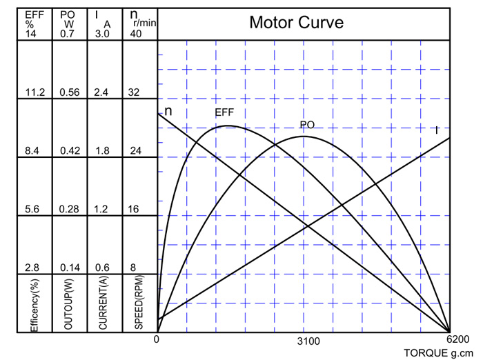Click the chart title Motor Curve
[x=296, y=23]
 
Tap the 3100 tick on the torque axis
[x=309, y=341]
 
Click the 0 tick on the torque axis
[x=157, y=340]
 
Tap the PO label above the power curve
[x=307, y=125]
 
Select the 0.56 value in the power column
[x=69, y=92]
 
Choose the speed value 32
[x=135, y=92]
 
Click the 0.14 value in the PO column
[x=69, y=268]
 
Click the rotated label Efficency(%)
[x=34, y=304]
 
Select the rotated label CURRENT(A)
[x=103, y=304]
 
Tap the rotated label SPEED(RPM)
[x=138, y=304]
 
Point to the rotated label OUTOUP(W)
[x=69, y=304]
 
